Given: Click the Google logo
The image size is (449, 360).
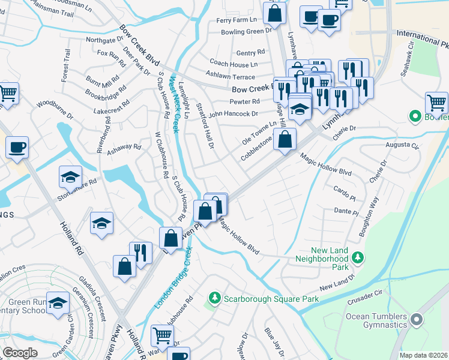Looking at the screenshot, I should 20,353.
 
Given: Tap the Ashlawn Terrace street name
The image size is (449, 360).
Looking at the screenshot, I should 231,77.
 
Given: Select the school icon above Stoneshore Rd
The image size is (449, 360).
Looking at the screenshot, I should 70,178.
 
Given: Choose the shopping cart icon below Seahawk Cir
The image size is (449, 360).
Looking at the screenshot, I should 436,102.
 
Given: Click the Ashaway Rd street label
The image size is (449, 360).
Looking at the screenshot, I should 124,146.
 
